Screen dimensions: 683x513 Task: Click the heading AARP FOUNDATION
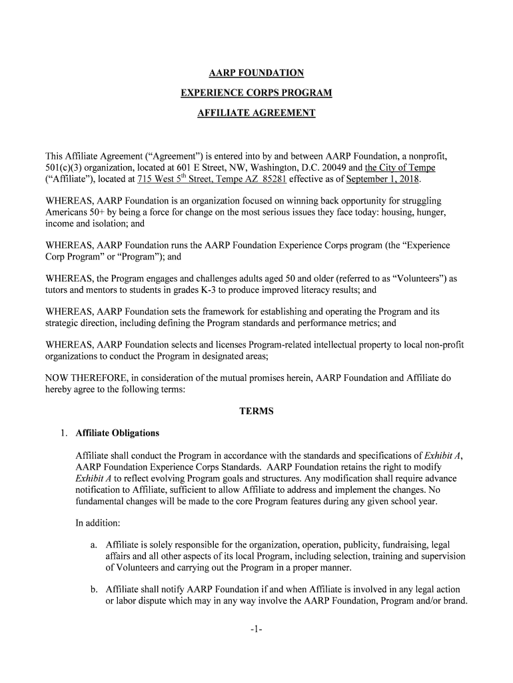[x=256, y=73]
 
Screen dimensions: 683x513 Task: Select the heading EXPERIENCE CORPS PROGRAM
[x=256, y=93]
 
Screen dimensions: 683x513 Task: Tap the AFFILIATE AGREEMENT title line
[x=256, y=113]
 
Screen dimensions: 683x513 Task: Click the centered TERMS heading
[x=256, y=412]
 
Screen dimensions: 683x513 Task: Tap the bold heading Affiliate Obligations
[x=117, y=434]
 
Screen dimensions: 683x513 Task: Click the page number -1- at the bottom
[x=256, y=629]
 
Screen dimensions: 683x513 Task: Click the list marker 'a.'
[x=95, y=544]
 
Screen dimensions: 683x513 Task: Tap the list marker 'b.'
[x=95, y=589]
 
